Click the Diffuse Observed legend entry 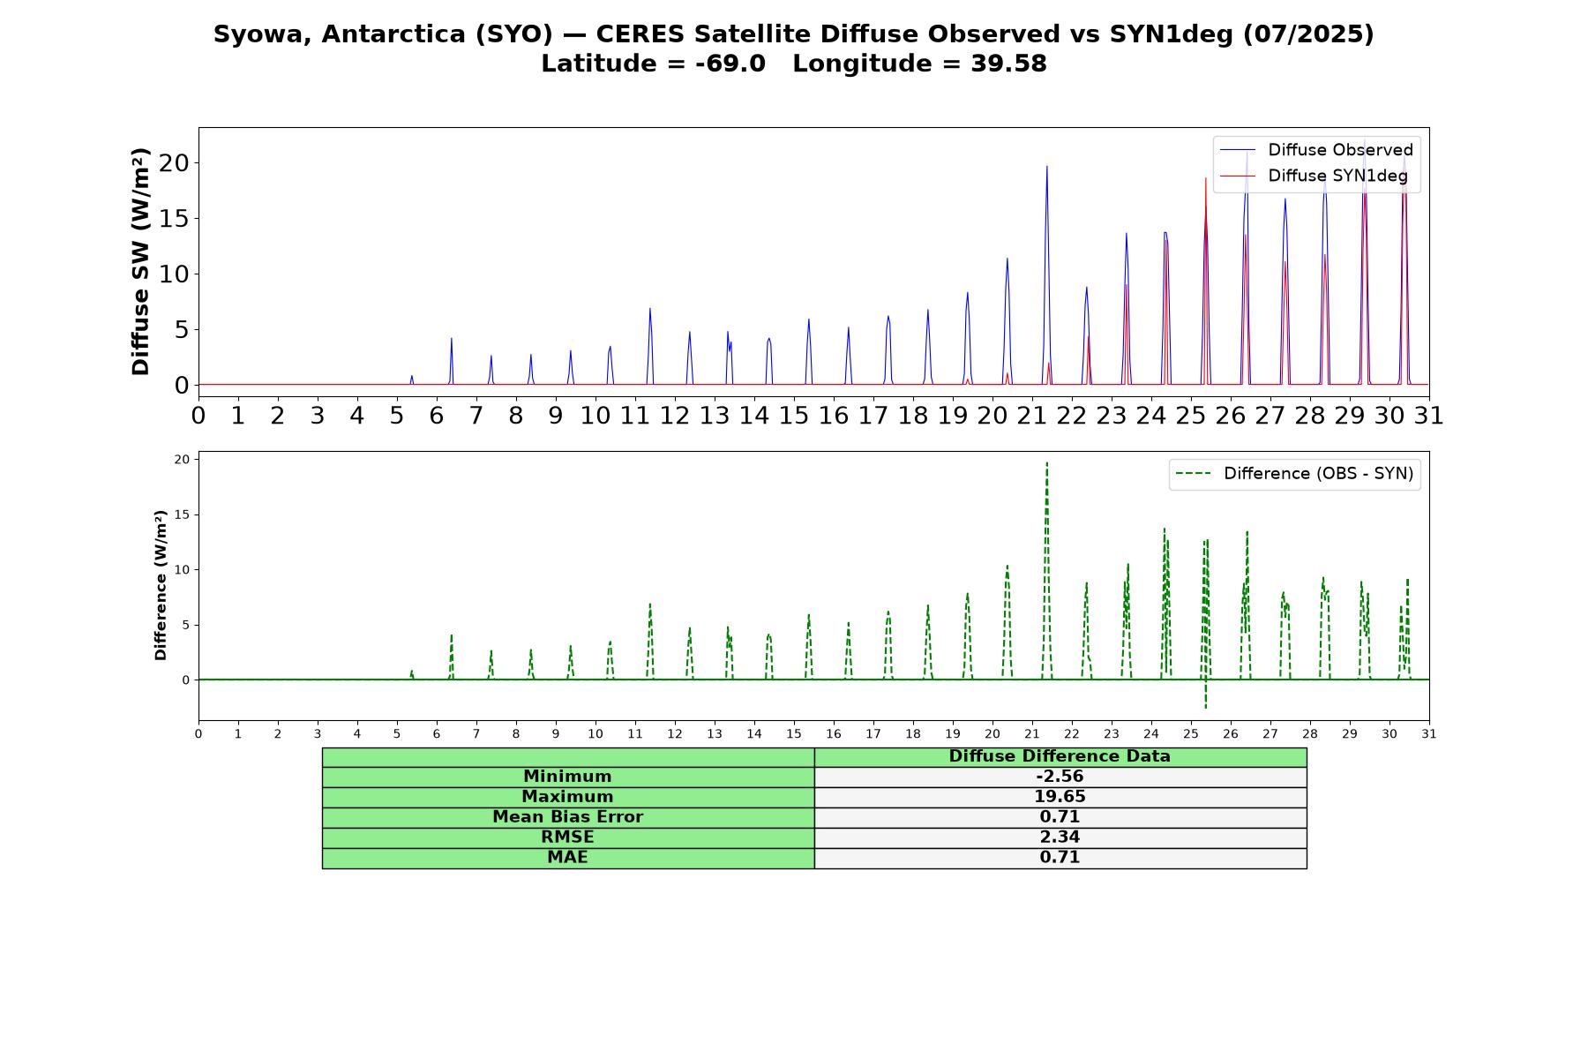point(1316,150)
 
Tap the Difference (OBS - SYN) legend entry point(1295,474)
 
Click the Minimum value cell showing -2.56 point(1060,777)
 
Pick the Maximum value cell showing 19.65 point(1060,797)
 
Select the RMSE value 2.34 point(1060,837)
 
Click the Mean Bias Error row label point(567,817)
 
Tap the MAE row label point(567,858)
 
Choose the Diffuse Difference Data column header point(1060,756)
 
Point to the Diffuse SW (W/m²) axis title point(141,261)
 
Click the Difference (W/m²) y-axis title point(161,585)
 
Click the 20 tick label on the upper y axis point(175,163)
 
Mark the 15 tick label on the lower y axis point(182,514)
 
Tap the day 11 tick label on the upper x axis point(634,416)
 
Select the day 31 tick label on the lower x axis point(1429,733)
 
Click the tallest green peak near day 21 point(1046,464)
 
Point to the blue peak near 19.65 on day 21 point(1046,168)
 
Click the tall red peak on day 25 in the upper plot point(1205,180)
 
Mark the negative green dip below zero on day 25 point(1206,706)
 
